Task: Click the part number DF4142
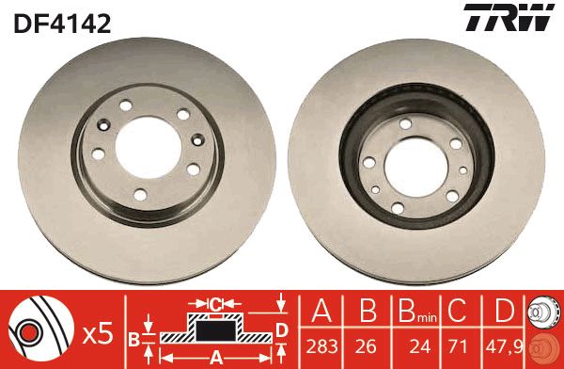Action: coord(62,24)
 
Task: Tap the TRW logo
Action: coord(509,17)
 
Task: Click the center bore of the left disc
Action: coord(149,147)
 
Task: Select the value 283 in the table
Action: coord(321,346)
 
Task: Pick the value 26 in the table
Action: coord(366,346)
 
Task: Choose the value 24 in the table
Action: coord(420,346)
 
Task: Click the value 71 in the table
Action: coord(457,346)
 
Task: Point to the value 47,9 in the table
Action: coord(504,346)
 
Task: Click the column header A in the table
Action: coord(321,311)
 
